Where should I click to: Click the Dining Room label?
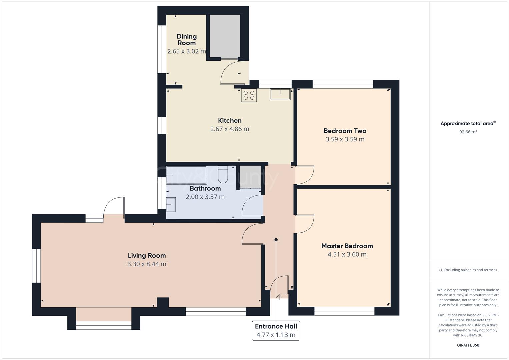tap(186, 39)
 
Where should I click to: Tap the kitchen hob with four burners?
tap(249, 95)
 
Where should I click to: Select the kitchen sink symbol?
tap(280, 94)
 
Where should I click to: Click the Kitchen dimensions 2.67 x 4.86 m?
tap(230, 129)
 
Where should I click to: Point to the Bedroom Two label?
tap(345, 131)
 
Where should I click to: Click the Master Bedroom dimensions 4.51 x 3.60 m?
tap(347, 254)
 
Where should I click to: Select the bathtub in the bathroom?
tap(186, 175)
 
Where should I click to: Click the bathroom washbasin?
tap(171, 204)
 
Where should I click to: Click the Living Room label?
tap(147, 255)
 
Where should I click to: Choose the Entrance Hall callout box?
tap(276, 330)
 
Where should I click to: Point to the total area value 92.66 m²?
tap(468, 132)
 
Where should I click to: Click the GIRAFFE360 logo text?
tap(468, 345)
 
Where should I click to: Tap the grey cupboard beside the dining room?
tap(225, 36)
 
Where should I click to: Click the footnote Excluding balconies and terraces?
tap(468, 270)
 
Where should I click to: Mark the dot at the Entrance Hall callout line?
tap(276, 240)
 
